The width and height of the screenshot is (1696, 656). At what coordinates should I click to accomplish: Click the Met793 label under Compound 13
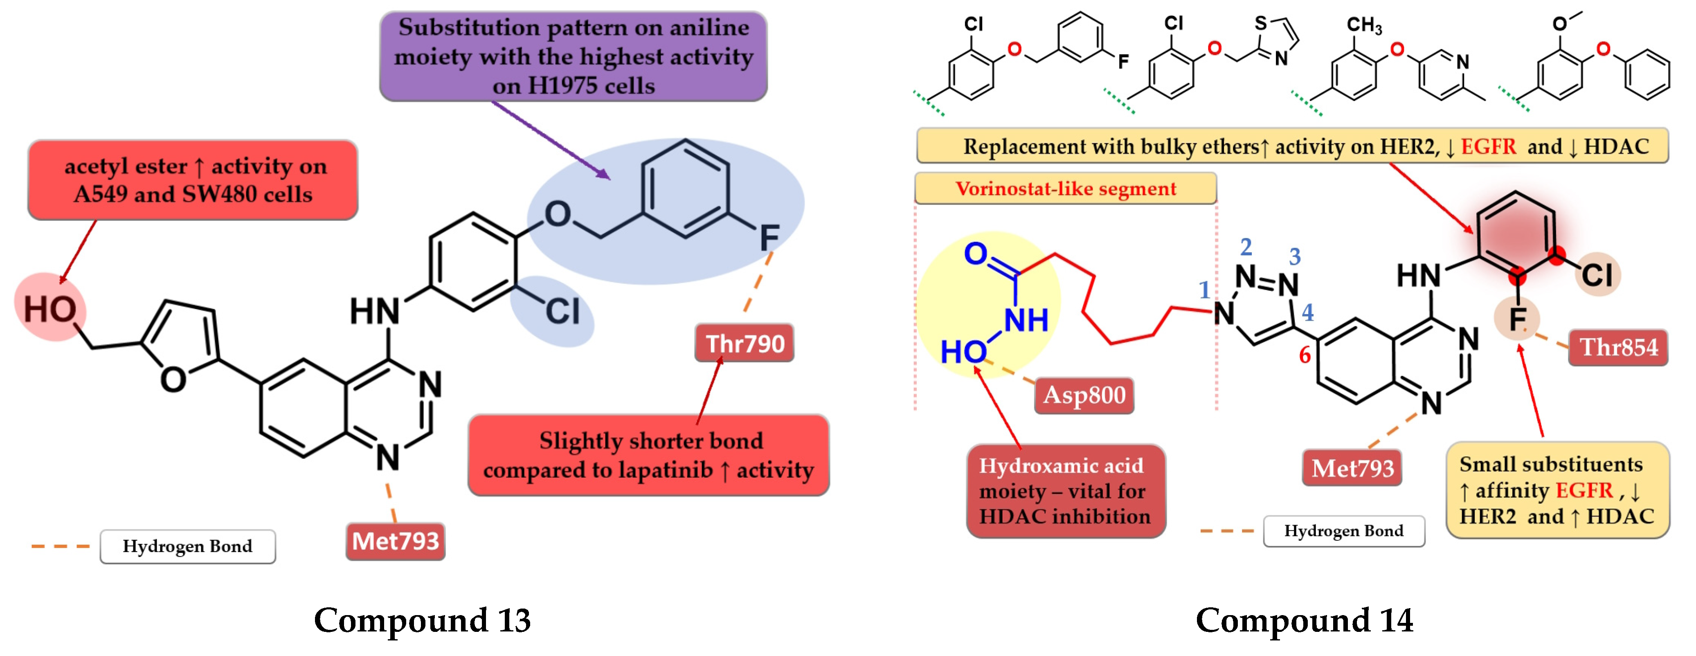coord(395,541)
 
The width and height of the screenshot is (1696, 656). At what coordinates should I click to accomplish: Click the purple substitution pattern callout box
coord(573,56)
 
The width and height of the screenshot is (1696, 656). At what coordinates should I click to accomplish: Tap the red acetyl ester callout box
coord(193,180)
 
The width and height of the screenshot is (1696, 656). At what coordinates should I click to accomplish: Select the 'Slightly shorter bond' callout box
coord(648,455)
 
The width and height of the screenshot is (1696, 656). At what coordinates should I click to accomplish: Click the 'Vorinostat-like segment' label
coord(1065,189)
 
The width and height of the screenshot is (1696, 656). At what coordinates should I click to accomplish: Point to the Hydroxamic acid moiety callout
coord(1065,491)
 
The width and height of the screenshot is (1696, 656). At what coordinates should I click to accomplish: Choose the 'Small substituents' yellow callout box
coord(1557,490)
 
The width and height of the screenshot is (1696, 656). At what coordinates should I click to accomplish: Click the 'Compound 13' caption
coord(422,620)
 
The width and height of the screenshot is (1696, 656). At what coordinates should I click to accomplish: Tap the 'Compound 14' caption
coord(1304,620)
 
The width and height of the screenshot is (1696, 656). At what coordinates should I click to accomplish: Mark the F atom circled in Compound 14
coord(1516,320)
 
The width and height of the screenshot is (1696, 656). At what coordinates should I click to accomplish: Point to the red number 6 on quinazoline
coord(1304,355)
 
